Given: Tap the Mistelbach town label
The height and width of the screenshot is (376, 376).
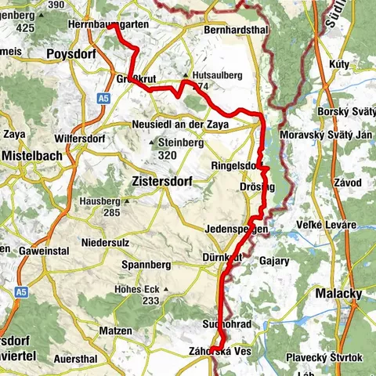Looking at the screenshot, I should click(x=32, y=155).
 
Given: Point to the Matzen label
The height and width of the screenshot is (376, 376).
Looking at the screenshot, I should click(x=116, y=331).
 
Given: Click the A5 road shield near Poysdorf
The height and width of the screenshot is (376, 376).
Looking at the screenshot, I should click(x=103, y=99).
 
